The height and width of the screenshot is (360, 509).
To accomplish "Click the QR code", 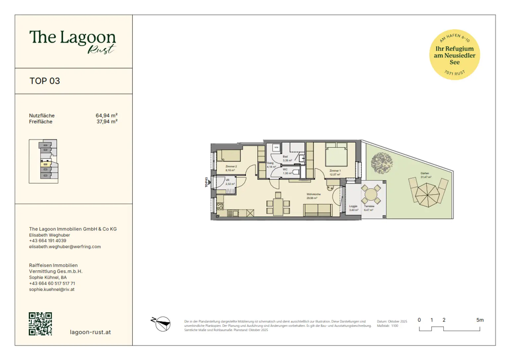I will coord(40,324).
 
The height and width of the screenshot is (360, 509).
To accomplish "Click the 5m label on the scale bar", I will coord(480,320).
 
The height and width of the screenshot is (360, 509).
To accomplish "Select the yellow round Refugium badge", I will coord(454,55).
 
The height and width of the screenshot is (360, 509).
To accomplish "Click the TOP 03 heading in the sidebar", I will coord(45,81).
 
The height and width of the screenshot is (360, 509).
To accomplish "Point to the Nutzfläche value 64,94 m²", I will coord(106,115).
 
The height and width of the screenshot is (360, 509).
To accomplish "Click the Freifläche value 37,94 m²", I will coord(107,122).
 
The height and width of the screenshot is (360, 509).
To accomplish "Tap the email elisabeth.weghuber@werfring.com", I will coord(65,247).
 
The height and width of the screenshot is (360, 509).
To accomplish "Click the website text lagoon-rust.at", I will coord(90,332).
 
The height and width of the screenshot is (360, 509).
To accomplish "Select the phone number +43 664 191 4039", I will coord(48,241).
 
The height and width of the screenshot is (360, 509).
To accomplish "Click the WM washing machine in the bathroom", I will coord(276,148).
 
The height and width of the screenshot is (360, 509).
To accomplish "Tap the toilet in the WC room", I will coord(296,172).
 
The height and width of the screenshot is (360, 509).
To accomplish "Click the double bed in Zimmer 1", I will coord(336,155).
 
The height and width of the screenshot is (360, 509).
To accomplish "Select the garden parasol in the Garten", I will coord(427,195).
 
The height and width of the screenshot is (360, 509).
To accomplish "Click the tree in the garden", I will coord(382,163).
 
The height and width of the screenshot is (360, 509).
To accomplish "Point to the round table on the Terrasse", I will coord(371,194).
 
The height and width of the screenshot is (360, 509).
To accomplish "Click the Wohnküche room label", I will coord(313,194).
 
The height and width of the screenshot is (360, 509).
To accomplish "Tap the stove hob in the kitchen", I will coord(220,206).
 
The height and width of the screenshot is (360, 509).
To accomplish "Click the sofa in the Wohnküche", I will coord(318,210).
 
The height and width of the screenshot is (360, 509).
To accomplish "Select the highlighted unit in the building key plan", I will coord(46,163).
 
